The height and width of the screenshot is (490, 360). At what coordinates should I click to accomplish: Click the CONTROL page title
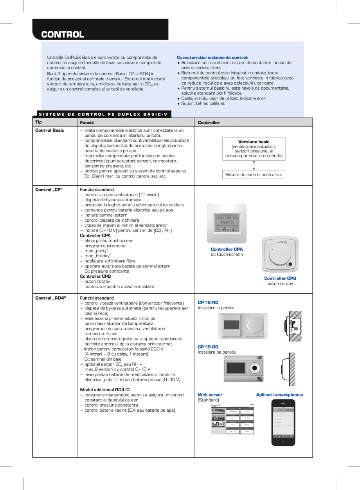63,34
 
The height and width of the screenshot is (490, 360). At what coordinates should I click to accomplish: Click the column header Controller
209,123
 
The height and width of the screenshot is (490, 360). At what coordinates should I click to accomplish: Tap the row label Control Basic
50,130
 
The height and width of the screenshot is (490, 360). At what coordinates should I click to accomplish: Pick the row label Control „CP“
49,190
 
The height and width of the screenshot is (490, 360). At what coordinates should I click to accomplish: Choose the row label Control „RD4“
50,298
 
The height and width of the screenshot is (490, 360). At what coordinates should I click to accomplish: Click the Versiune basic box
254,148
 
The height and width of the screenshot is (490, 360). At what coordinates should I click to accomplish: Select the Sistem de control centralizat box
254,175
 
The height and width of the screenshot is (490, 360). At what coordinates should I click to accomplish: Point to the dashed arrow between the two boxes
254,165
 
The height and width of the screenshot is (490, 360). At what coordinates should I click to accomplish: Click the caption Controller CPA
227,249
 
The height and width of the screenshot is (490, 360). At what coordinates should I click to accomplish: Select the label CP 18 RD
208,302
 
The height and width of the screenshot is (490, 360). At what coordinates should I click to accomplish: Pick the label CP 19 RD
208,347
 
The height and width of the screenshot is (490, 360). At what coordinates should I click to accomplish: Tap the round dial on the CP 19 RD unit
255,368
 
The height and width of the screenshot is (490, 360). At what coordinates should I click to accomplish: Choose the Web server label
210,395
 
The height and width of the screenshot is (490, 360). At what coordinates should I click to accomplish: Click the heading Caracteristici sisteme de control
212,57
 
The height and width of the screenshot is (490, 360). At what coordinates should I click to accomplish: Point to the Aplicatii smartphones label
279,395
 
